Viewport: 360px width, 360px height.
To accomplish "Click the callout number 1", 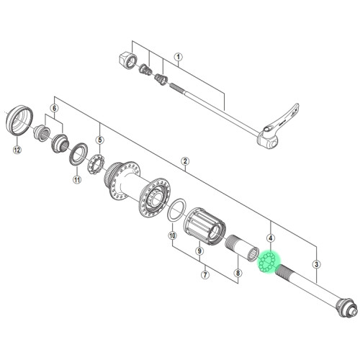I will click(179, 57).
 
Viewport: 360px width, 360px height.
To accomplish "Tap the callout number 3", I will click(316, 264).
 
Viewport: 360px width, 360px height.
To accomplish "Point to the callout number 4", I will click(271, 238).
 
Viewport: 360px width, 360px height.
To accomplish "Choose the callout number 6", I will click(53, 108).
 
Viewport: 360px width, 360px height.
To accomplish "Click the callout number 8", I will click(238, 274).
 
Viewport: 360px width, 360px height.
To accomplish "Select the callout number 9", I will click(199, 251).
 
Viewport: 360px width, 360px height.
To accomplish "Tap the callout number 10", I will click(172, 235).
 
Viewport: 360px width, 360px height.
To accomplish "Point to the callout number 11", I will click(77, 180).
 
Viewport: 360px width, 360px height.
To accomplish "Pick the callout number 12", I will click(17, 150).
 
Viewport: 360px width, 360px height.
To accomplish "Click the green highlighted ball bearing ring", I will click(269, 261).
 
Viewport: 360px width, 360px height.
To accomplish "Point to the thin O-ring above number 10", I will click(174, 212).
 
